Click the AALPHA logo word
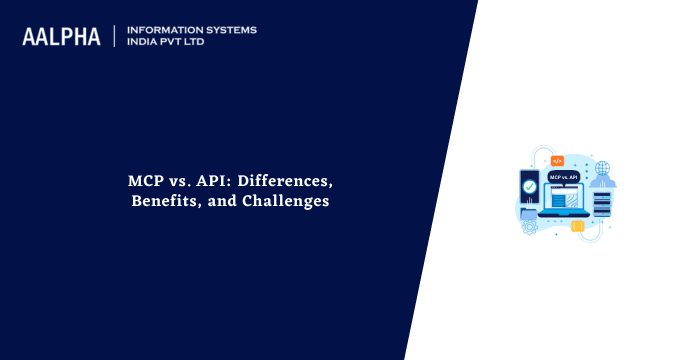point(61,37)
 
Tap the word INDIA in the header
point(146,43)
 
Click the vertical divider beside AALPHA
point(115,37)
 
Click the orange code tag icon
point(557,160)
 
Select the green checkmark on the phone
point(529,185)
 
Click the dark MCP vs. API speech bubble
point(562,176)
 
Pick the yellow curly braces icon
point(577,227)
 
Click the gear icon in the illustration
point(529,227)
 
